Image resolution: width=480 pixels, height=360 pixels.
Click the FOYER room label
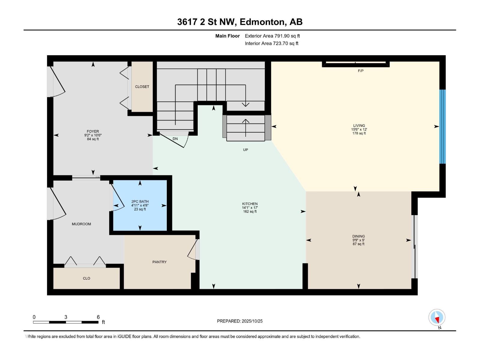pos(93,131)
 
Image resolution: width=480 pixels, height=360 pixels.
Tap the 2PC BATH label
pos(140,202)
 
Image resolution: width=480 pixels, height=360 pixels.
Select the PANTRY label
pos(159,262)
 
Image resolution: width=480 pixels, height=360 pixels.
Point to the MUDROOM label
pos(81,224)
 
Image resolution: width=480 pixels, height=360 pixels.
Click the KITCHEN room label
pos(250,204)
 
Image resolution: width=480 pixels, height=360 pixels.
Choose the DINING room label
pos(358,236)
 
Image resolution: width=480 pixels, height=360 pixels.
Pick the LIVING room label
pos(359,126)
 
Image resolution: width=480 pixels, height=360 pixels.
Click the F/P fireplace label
pos(361,71)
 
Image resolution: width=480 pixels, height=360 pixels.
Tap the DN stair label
pos(175,139)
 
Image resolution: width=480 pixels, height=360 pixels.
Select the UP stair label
pos(245,150)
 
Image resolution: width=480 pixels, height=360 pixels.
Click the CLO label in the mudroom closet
pos(86,278)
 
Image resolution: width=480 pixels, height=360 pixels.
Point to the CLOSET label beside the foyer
pos(142,87)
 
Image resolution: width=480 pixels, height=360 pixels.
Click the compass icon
pos(437,317)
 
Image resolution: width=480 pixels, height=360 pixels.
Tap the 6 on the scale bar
pos(98,317)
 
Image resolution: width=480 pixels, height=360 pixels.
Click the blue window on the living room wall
pos(442,126)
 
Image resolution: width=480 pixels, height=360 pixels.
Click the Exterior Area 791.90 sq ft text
pos(272,36)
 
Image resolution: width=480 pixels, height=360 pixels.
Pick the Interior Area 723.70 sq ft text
pos(271,43)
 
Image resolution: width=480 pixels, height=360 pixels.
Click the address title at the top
pos(240,22)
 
